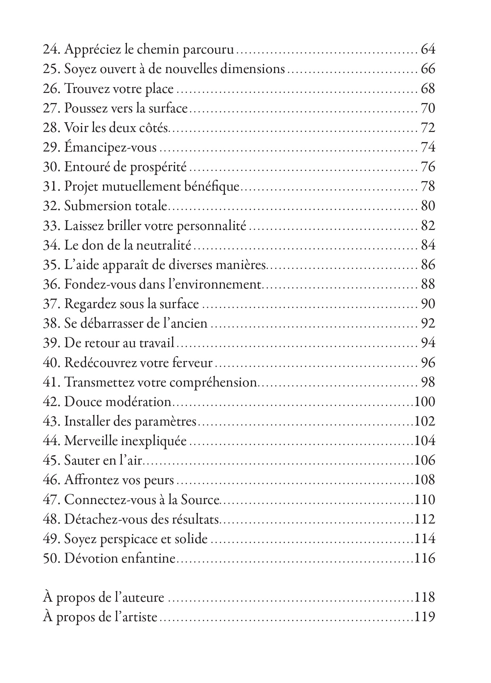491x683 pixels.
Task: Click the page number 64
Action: pos(428,49)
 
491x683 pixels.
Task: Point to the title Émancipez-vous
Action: pos(110,148)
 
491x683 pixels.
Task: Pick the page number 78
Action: pos(428,187)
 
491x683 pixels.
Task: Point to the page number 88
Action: pos(428,285)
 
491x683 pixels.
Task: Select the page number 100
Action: pos(424,402)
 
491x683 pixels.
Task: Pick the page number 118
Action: pos(424,597)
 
